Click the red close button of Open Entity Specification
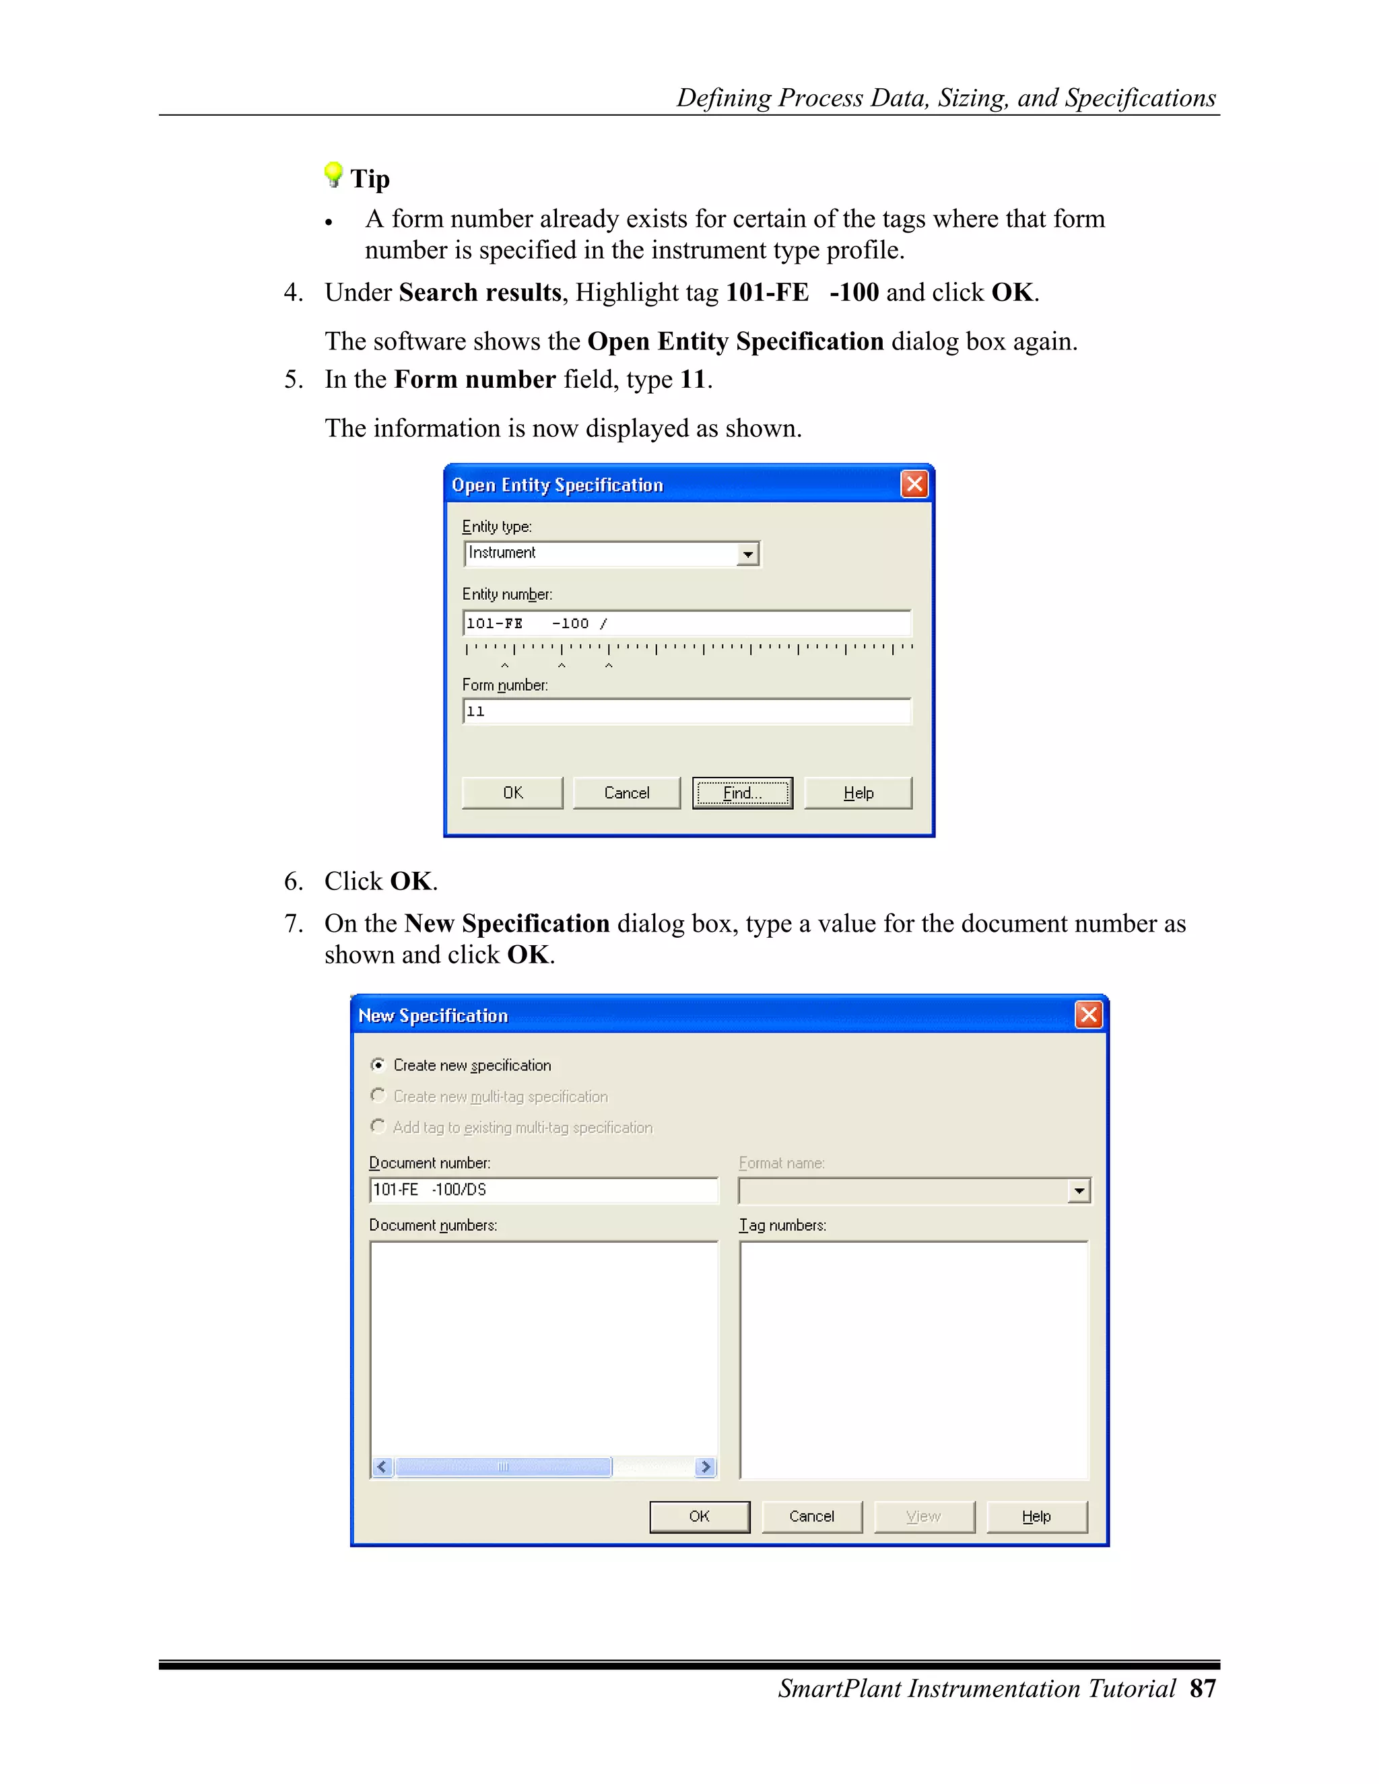[914, 485]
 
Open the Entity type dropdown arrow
[747, 554]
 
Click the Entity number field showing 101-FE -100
[686, 623]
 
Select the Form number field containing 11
[686, 712]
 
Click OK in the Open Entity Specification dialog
[512, 792]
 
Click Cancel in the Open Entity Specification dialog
[627, 792]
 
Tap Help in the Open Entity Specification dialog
[858, 792]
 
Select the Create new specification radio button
[378, 1064]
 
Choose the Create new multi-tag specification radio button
[378, 1095]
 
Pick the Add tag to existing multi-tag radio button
[378, 1126]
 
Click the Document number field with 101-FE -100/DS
[543, 1190]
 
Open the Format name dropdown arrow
[1079, 1191]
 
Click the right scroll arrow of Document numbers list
[706, 1467]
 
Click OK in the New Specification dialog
[700, 1516]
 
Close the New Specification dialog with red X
[1088, 1015]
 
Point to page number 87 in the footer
[1203, 1688]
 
